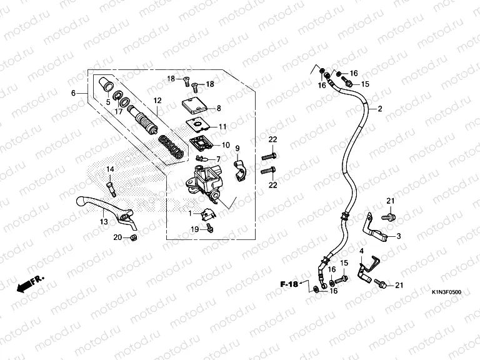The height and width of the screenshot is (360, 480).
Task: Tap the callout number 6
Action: click(x=73, y=92)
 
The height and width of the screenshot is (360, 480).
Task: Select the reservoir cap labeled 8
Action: click(x=194, y=106)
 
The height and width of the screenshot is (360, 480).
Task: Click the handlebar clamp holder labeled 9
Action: click(x=240, y=170)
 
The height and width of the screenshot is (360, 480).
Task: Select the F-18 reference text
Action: click(x=289, y=284)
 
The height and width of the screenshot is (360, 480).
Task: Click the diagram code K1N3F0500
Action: click(x=446, y=292)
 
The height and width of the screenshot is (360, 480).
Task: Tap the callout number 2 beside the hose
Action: click(x=380, y=109)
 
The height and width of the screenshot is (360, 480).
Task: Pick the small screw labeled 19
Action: click(x=210, y=227)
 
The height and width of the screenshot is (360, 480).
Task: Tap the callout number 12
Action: click(x=157, y=101)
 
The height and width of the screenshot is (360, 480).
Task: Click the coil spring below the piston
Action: click(x=171, y=147)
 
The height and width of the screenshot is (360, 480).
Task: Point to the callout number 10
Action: click(x=226, y=145)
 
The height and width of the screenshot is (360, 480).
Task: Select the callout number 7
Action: click(x=218, y=159)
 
